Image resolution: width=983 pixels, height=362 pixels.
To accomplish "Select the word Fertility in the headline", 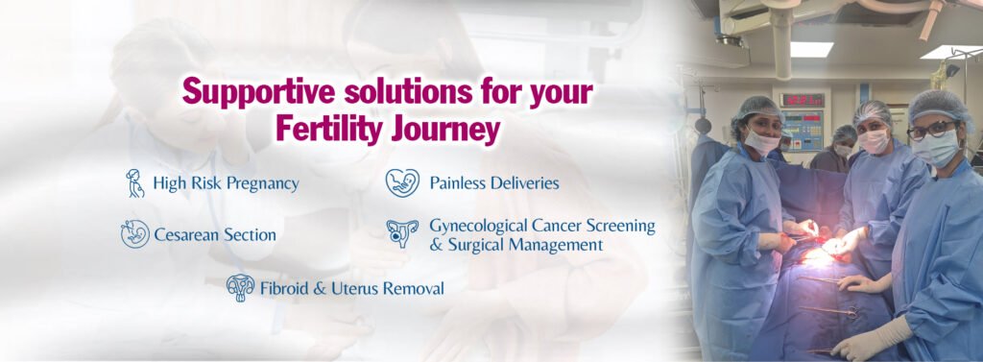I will point(322,128).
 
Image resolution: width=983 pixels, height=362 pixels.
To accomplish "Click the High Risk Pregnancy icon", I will point(135,182).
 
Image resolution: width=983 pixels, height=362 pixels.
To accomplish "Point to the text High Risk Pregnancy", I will point(226,182).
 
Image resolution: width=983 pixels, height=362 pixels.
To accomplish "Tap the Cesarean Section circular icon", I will point(134,233).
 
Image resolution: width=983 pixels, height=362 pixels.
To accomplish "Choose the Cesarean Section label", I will point(214,234).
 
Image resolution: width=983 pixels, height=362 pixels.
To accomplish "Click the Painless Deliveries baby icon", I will point(402,182).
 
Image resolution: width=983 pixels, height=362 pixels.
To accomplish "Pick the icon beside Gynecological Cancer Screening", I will point(402,233).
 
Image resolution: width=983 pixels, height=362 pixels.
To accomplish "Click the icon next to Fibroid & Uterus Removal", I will point(240,287).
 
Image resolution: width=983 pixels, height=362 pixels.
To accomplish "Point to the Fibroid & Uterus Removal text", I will point(351,287).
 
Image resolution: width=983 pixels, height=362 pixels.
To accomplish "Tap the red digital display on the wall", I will point(803,100).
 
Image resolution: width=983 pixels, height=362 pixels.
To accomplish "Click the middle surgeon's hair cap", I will point(874,112).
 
